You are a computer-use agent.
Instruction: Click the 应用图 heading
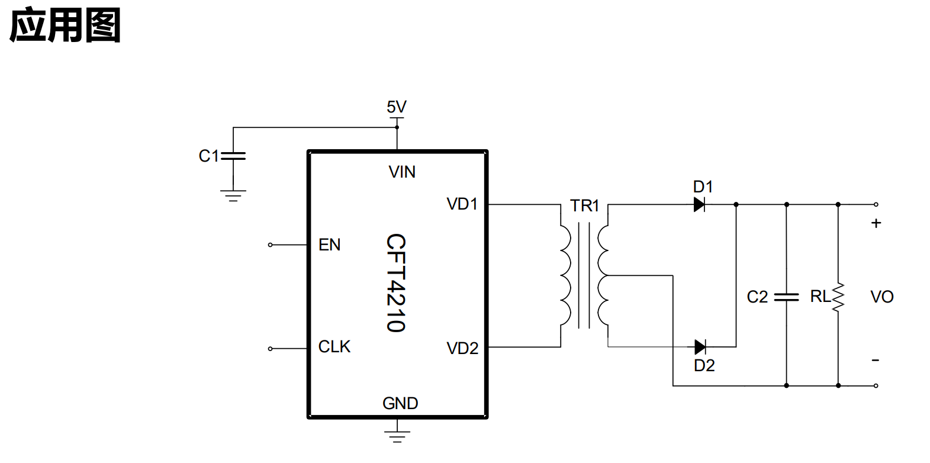(x=65, y=25)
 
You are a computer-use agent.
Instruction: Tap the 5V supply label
(x=397, y=107)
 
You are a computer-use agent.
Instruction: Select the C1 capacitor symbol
(x=233, y=156)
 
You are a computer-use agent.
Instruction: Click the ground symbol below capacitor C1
(x=233, y=196)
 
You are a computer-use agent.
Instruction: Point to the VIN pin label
(x=402, y=172)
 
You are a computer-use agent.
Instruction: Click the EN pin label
(x=329, y=245)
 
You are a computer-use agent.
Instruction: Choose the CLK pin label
(x=334, y=347)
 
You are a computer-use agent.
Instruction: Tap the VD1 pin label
(x=462, y=204)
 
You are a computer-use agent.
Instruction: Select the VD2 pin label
(x=462, y=348)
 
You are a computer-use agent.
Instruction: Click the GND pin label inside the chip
(x=400, y=403)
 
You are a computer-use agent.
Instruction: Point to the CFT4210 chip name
(x=396, y=283)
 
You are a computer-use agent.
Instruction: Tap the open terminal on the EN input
(x=271, y=245)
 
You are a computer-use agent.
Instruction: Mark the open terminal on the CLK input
(x=271, y=349)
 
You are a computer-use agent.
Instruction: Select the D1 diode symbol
(x=699, y=204)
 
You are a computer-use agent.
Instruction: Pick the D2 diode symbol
(x=700, y=347)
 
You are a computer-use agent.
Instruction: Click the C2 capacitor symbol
(x=786, y=297)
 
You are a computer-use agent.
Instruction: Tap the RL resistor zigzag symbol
(x=838, y=297)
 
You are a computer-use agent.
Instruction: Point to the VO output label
(x=882, y=297)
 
